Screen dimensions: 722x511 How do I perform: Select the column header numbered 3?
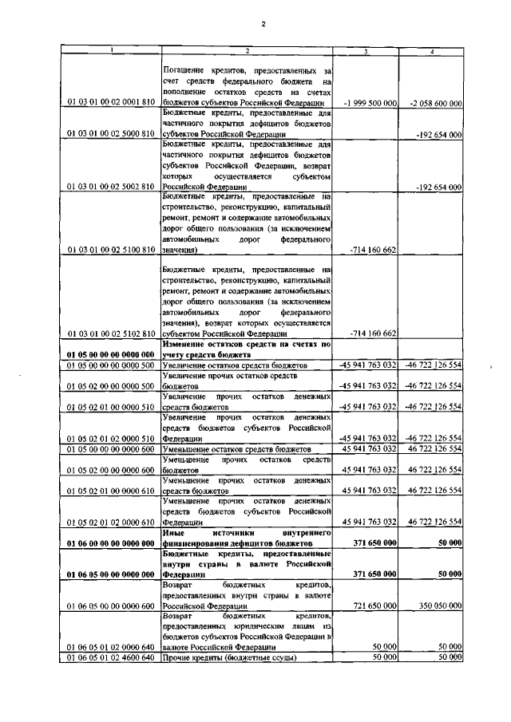[366, 52]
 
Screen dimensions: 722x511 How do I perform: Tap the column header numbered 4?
[431, 52]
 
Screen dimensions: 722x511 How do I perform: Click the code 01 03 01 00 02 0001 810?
[111, 104]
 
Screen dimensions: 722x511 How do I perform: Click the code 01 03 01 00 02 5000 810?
[111, 136]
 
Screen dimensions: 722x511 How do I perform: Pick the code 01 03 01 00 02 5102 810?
[111, 333]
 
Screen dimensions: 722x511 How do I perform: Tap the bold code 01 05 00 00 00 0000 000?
[111, 353]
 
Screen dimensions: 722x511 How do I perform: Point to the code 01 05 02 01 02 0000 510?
[111, 438]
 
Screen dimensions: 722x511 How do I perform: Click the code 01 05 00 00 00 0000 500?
[111, 365]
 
